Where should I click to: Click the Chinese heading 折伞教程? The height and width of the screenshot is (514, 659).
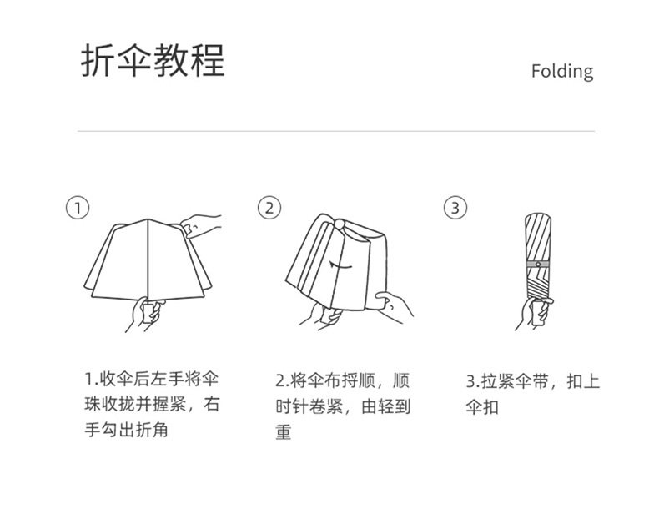(x=153, y=60)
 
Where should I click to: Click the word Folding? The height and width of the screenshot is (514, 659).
(x=562, y=72)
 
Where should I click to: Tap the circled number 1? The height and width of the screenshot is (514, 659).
(x=78, y=208)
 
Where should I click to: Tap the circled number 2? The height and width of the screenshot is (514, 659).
(x=269, y=208)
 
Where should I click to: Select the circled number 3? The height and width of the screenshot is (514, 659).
(x=455, y=208)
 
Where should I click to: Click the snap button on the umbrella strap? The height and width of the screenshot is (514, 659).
(x=538, y=264)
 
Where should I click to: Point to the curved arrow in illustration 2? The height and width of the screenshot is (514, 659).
(x=340, y=265)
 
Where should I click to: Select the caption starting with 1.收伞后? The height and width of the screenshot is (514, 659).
(x=152, y=405)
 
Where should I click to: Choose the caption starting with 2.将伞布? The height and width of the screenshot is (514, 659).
(x=343, y=406)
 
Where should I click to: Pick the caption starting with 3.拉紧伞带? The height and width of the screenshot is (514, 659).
(x=532, y=394)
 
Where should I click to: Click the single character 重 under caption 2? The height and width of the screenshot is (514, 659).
(x=284, y=431)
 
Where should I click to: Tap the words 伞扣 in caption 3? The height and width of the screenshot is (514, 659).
(x=482, y=407)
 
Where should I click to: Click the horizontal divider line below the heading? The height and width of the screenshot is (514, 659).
(x=336, y=131)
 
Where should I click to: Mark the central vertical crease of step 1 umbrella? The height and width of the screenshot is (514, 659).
(x=148, y=260)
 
